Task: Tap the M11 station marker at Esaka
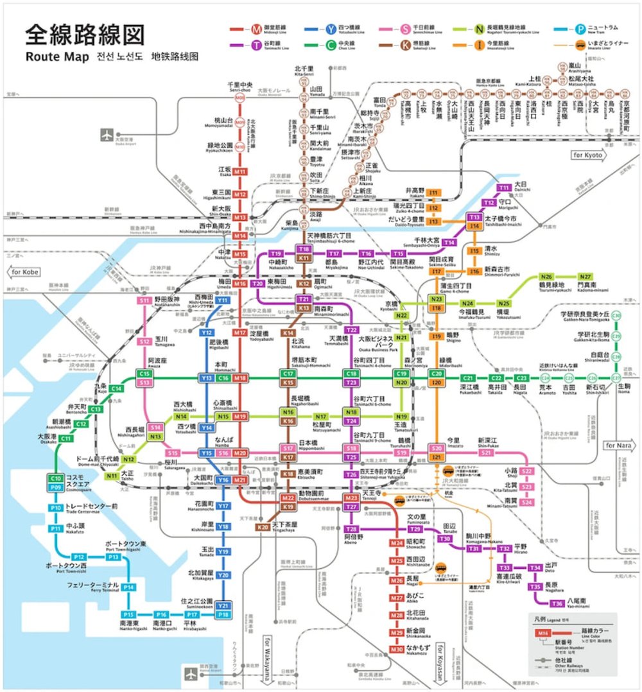240,172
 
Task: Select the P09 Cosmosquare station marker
56,487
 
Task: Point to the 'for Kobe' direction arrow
27,272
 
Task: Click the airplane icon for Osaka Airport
106,135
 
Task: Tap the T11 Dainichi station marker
505,187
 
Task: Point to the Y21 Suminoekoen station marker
223,605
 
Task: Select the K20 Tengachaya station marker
263,527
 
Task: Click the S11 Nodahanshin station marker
144,300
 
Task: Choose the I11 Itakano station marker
433,193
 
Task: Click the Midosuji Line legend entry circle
257,28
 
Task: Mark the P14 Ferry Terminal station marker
128,587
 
